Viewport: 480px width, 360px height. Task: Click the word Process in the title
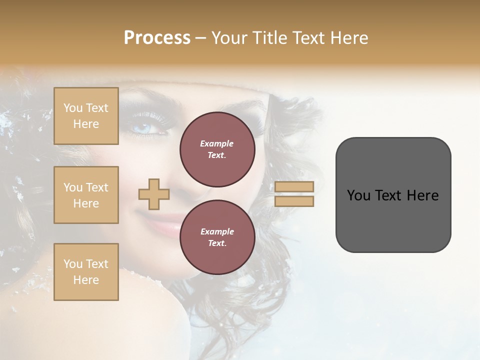point(157,38)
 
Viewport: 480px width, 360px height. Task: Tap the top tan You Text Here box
point(86,116)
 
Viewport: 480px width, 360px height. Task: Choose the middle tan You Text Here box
point(86,195)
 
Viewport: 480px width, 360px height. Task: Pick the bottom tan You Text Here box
point(86,272)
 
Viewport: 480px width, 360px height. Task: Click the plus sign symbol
point(153,194)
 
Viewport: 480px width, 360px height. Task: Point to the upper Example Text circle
point(217,149)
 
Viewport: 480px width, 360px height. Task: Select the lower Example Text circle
point(217,237)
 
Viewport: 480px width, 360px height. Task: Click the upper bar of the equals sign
point(294,187)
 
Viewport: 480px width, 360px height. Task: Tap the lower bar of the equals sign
point(294,201)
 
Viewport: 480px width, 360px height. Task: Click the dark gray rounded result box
point(393,195)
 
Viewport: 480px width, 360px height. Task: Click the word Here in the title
point(348,38)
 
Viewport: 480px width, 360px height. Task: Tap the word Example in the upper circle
point(217,143)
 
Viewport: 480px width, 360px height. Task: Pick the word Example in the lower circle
point(217,231)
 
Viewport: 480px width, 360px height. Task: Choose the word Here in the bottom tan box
point(86,280)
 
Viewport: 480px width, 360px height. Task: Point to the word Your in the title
point(228,38)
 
